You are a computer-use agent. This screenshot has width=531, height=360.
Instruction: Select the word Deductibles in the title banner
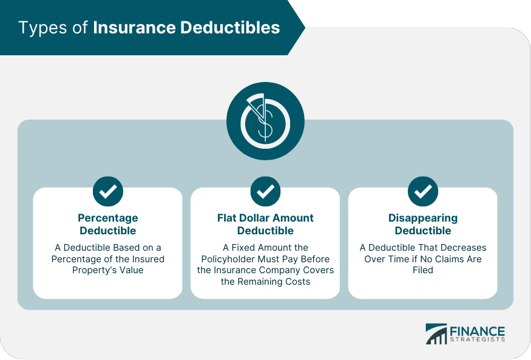(234, 28)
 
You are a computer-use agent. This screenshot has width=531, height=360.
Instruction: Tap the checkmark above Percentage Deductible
(108, 192)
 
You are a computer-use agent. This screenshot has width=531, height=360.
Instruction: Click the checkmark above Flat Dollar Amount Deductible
(265, 192)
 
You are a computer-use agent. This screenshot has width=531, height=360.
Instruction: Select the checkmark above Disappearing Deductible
(423, 192)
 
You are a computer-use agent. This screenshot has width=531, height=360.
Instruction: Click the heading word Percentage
(108, 218)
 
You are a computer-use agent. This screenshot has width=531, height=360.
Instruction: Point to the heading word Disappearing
(423, 218)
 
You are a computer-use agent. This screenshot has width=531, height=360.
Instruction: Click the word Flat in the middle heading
(228, 218)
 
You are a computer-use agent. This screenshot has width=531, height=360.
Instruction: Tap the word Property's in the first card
(95, 270)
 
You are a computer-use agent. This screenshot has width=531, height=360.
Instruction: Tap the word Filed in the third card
(423, 270)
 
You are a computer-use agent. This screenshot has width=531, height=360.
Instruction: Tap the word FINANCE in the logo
(477, 331)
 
